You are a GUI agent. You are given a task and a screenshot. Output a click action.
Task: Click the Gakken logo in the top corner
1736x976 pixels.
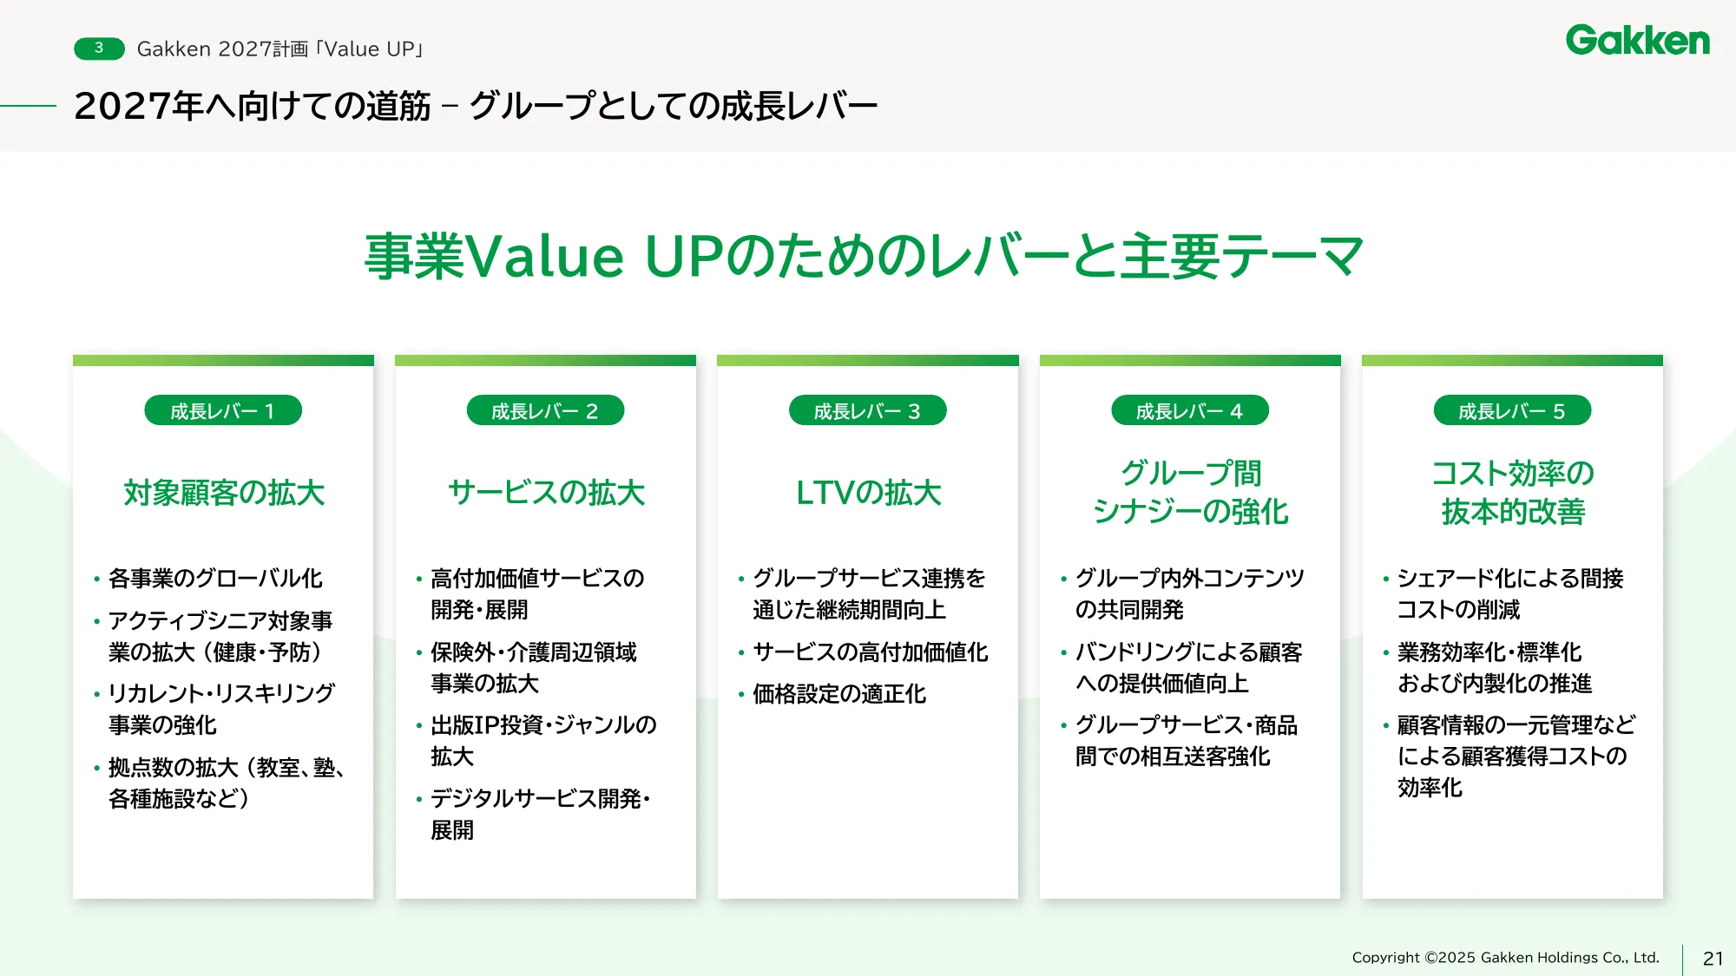(x=1637, y=41)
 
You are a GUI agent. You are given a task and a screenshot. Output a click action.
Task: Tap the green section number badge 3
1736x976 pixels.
(x=99, y=49)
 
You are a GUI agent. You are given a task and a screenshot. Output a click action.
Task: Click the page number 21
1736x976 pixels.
(x=1713, y=959)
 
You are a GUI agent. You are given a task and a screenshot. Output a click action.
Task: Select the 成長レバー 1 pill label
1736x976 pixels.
(x=223, y=411)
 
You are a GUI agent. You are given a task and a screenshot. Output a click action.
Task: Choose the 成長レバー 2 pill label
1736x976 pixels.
(x=545, y=411)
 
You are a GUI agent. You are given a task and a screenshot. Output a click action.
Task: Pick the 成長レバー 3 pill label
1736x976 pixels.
(x=867, y=411)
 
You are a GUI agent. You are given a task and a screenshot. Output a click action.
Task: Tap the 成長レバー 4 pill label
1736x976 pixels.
(x=1189, y=411)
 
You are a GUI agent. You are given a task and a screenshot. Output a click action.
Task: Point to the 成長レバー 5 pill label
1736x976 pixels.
(x=1512, y=411)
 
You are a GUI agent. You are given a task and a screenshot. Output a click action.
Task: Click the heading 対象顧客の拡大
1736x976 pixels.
(x=224, y=493)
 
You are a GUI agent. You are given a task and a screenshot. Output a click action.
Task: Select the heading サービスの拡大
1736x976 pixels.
(x=546, y=493)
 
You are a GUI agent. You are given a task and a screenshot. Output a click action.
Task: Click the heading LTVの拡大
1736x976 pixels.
(x=868, y=493)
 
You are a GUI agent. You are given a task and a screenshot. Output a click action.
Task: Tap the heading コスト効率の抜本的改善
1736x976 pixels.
(x=1513, y=493)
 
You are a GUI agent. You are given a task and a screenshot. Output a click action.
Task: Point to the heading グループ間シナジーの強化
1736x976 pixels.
(x=1190, y=493)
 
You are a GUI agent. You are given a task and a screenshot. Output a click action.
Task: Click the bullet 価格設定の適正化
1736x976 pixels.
(x=839, y=694)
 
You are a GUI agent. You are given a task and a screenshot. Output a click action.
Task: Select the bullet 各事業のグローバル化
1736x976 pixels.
(x=215, y=579)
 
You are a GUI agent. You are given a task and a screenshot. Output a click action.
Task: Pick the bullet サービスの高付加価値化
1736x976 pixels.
(x=870, y=652)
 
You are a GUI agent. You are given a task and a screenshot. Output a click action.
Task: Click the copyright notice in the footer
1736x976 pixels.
(x=1505, y=958)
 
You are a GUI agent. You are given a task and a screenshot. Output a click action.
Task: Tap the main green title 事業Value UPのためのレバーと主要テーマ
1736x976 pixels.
(x=865, y=257)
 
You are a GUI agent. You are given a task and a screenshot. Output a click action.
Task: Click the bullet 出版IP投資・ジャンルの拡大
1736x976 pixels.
(x=543, y=741)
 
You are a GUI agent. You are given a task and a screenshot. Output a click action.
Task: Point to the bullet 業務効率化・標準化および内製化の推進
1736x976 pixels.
(x=1494, y=668)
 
